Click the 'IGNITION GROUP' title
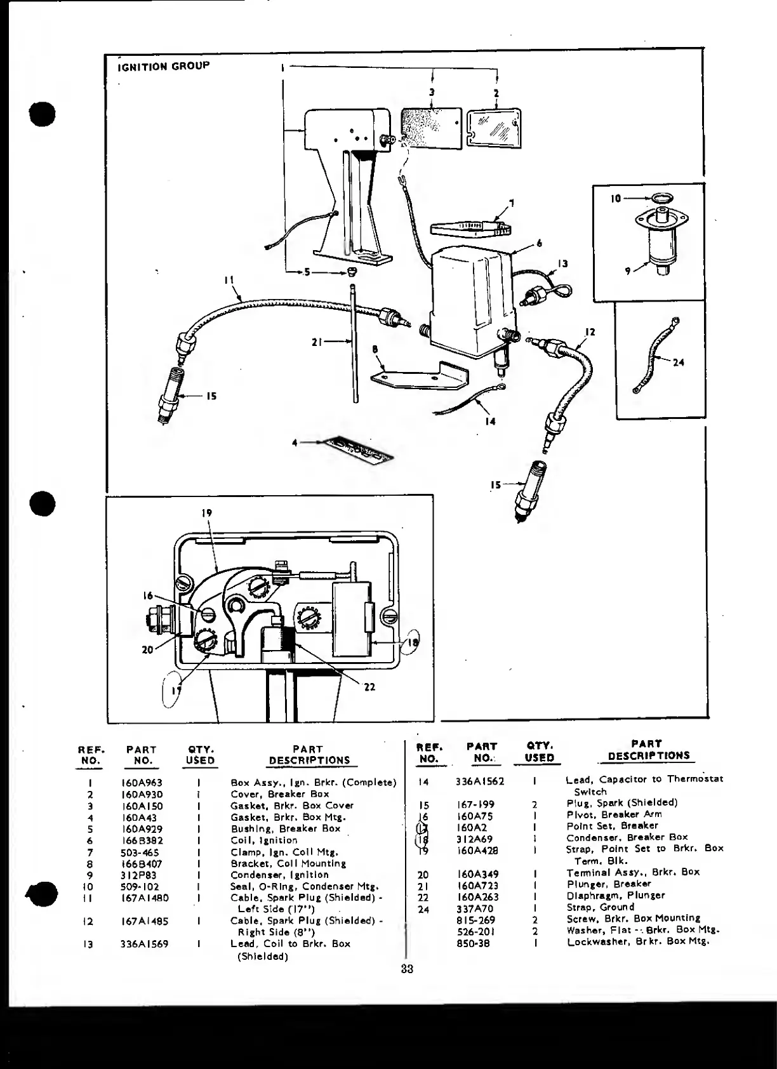tap(163, 66)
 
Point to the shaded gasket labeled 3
tap(431, 128)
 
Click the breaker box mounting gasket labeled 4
tap(357, 451)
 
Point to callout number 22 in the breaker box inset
tap(370, 687)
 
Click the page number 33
tap(407, 969)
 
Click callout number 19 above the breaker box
tap(207, 513)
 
